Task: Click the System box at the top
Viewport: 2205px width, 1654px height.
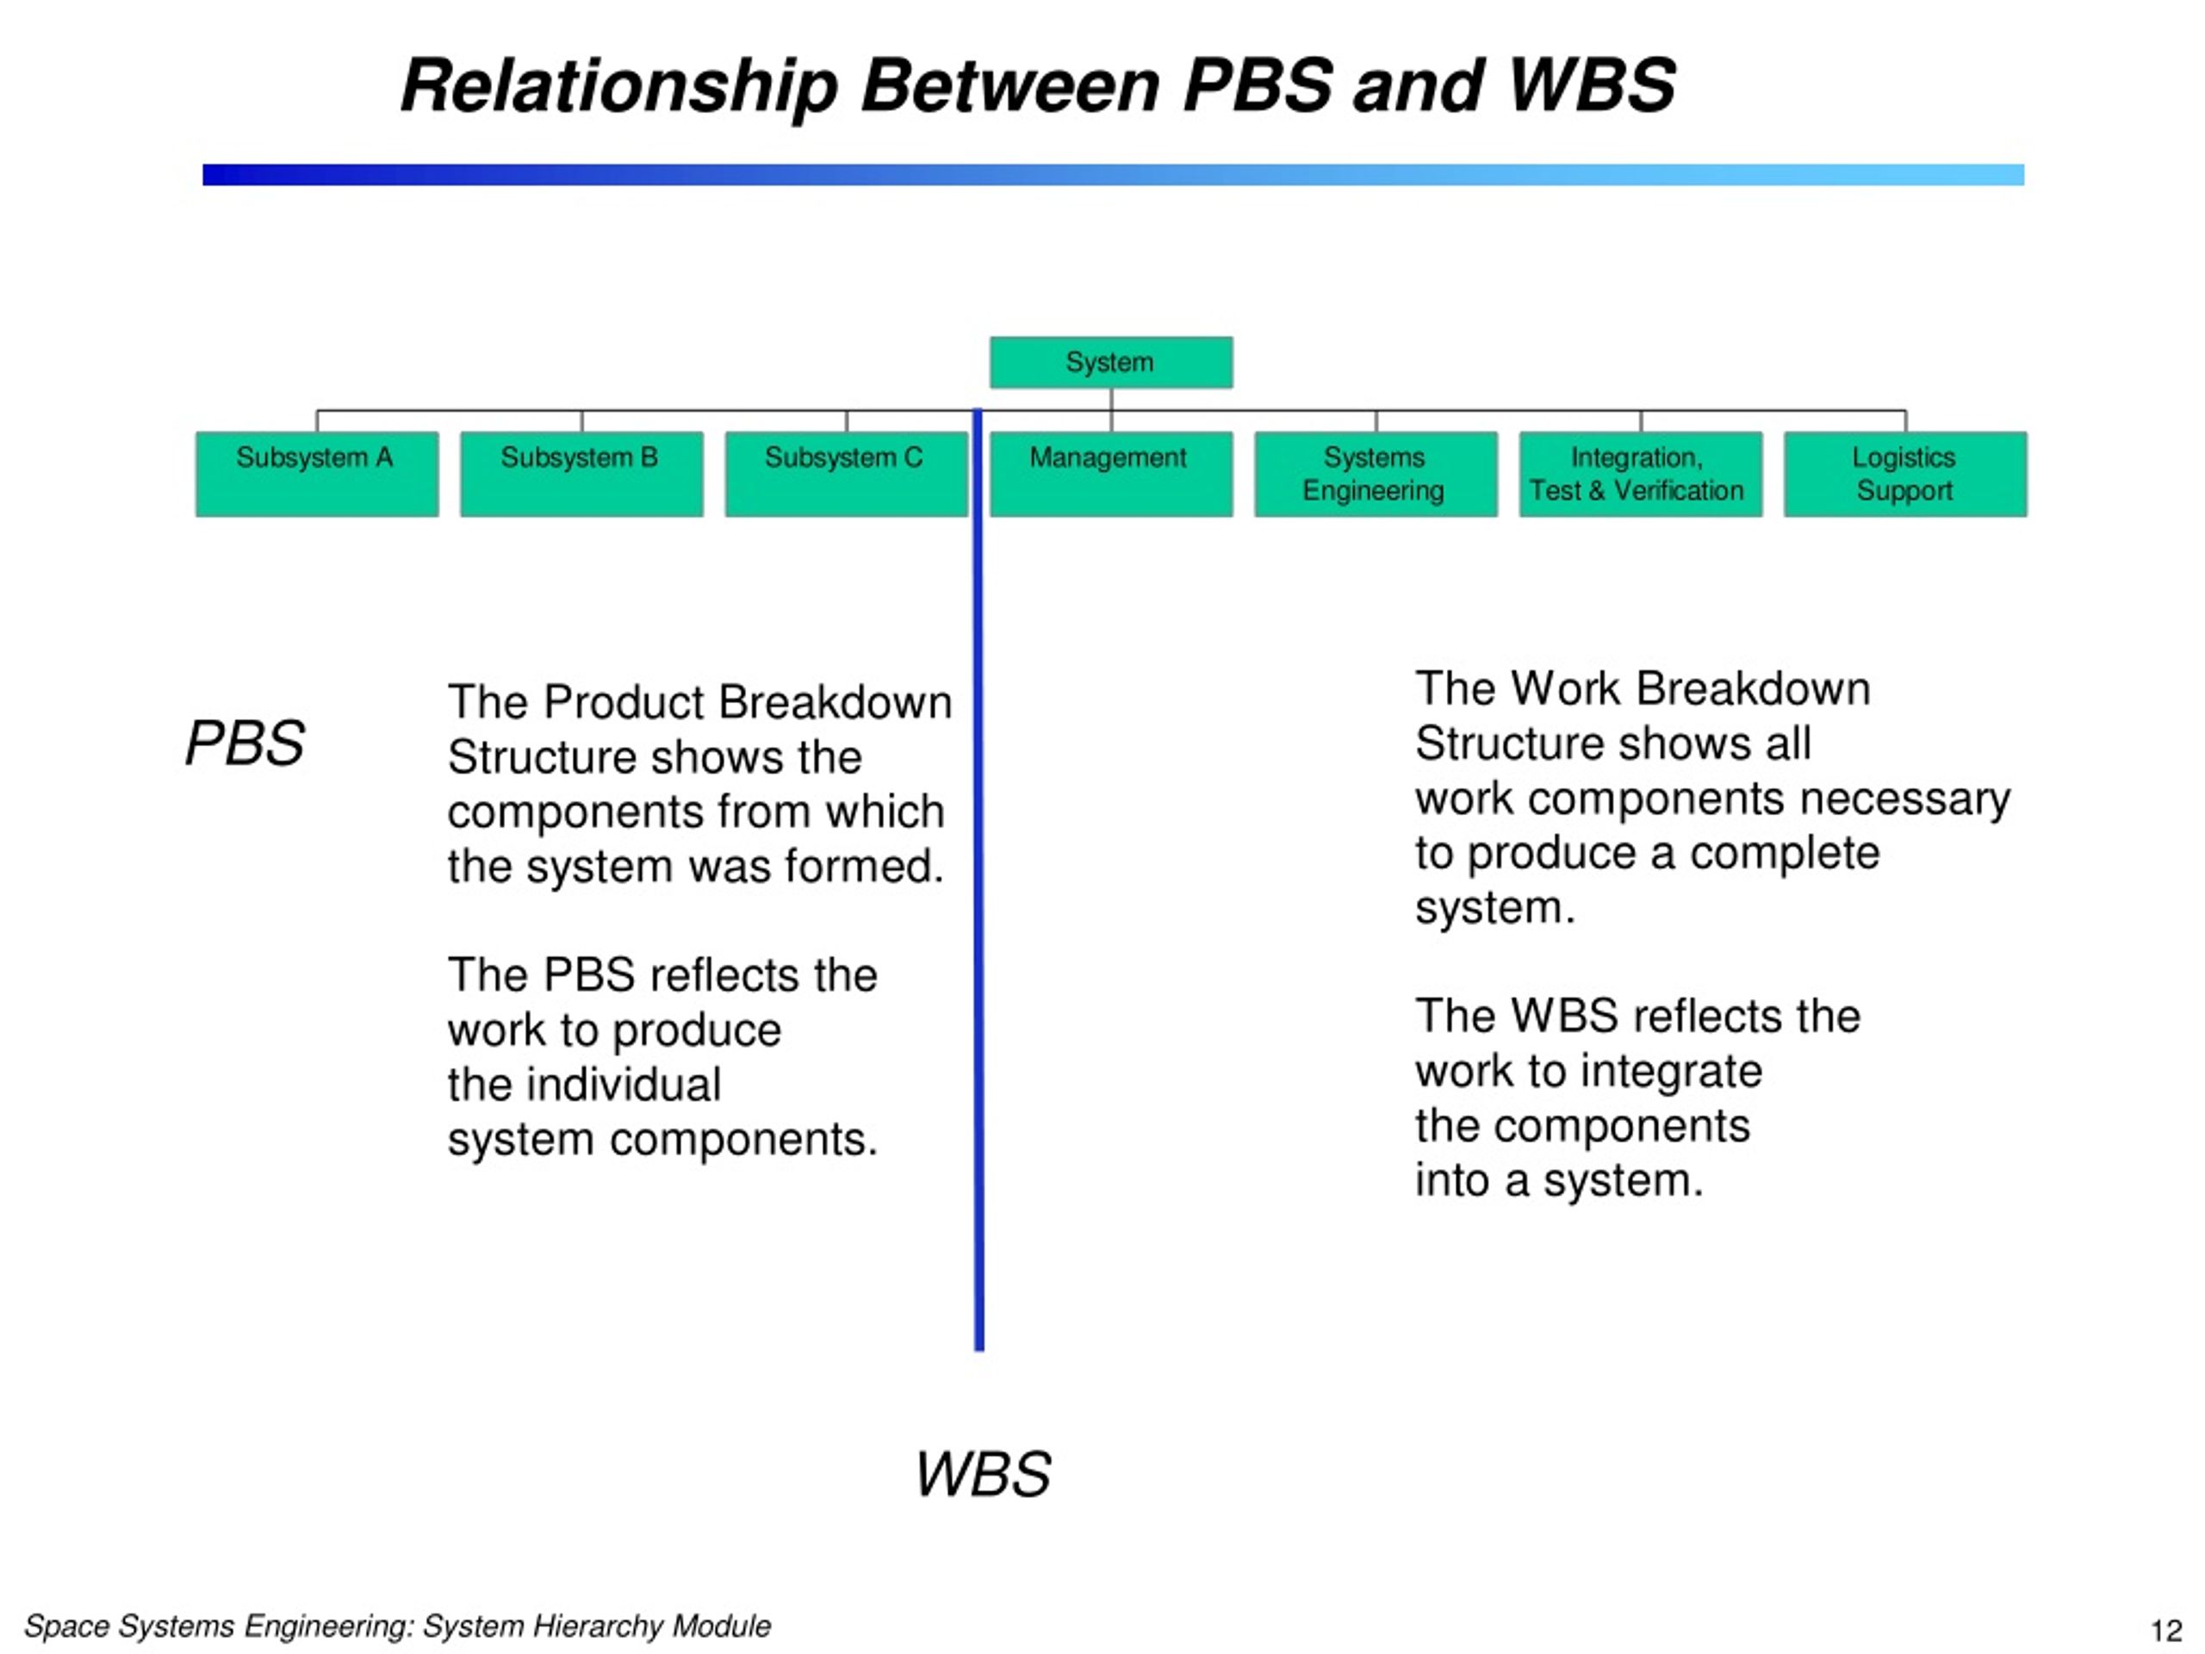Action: pyautogui.click(x=1110, y=362)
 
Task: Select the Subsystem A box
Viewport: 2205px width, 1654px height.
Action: pyautogui.click(x=317, y=474)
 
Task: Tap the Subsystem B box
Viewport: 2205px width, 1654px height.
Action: pyautogui.click(x=581, y=474)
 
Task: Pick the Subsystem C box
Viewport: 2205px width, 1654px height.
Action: pyautogui.click(x=847, y=474)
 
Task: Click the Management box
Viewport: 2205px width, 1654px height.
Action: pyautogui.click(x=1110, y=474)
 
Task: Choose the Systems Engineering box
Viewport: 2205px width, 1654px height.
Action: pyautogui.click(x=1376, y=474)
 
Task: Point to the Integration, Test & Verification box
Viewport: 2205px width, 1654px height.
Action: pyautogui.click(x=1641, y=474)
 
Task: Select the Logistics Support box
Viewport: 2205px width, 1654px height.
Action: pyautogui.click(x=1905, y=474)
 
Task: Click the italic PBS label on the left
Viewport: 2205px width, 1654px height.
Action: pyautogui.click(x=245, y=743)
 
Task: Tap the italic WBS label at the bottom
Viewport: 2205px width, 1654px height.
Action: pyautogui.click(x=983, y=1474)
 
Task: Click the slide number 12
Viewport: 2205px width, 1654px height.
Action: pyautogui.click(x=2166, y=1630)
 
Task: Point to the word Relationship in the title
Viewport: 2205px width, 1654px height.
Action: pyautogui.click(x=619, y=88)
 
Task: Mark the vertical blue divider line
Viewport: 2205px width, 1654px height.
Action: pyautogui.click(x=978, y=880)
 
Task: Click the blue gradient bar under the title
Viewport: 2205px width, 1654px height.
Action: pyautogui.click(x=1114, y=175)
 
